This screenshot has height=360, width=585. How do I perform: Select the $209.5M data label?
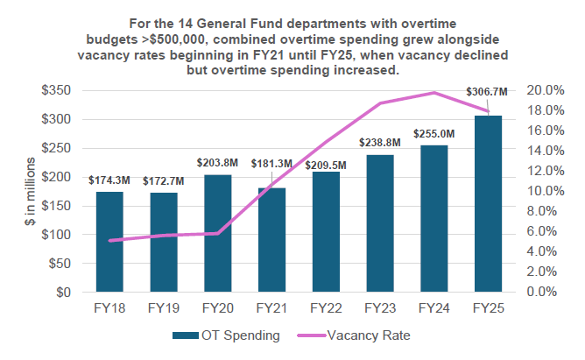326,164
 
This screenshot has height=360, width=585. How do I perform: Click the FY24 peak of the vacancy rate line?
433,92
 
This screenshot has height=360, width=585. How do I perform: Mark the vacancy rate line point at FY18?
109,240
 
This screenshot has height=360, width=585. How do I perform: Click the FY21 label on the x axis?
271,308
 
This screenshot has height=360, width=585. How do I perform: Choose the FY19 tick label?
164,308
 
